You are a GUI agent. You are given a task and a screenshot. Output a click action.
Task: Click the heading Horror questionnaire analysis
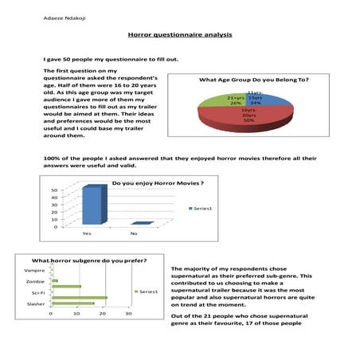[179, 35]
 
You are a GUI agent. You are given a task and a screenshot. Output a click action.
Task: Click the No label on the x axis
[134, 233]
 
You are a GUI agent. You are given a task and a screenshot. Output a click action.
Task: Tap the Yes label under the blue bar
[87, 233]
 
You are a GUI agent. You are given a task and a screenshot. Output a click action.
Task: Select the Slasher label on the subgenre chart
[35, 304]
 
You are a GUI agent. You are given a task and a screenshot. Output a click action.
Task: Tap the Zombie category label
[35, 282]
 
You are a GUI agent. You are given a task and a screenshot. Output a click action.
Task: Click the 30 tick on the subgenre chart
[129, 313]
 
